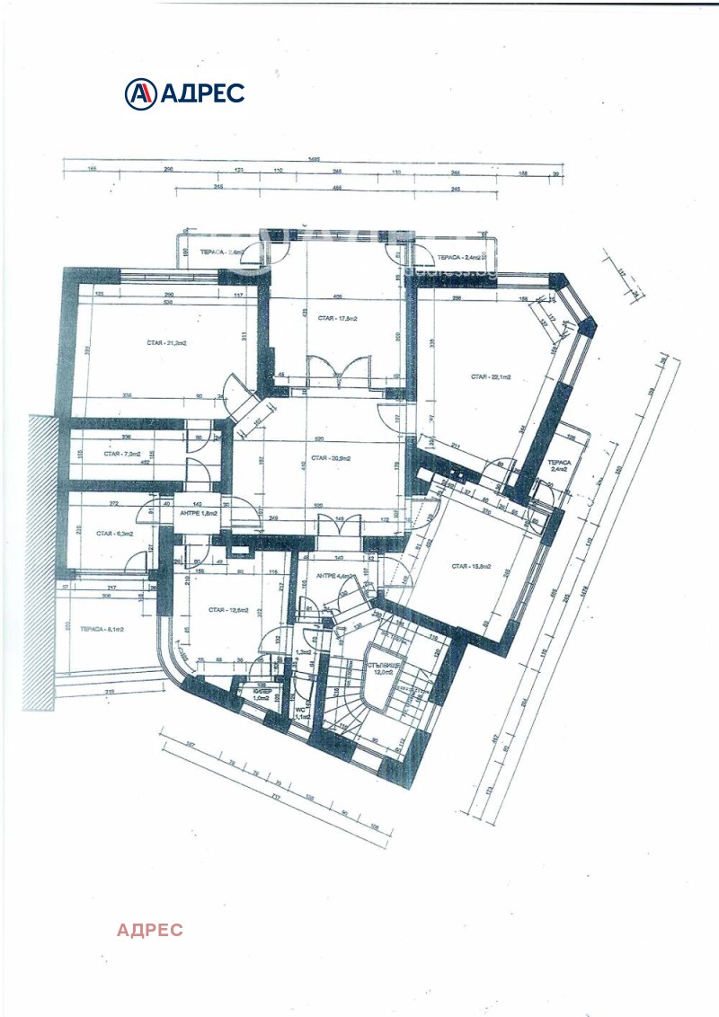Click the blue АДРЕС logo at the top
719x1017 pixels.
pyautogui.click(x=184, y=92)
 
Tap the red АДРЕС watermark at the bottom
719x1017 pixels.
pyautogui.click(x=150, y=930)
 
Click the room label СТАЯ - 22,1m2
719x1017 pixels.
pyautogui.click(x=491, y=378)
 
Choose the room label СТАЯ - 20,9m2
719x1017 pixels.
pyautogui.click(x=325, y=458)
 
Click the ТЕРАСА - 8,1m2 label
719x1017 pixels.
pyautogui.click(x=102, y=629)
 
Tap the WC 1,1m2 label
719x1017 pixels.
pyautogui.click(x=301, y=712)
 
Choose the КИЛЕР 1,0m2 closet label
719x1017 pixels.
pyautogui.click(x=262, y=694)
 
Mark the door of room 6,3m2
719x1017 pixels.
pyautogui.click(x=137, y=562)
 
